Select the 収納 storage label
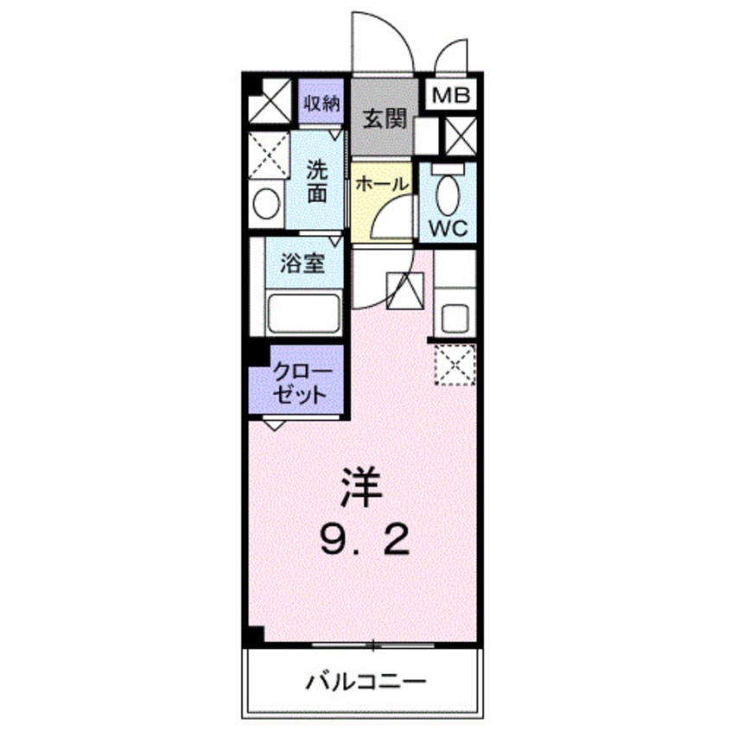321,105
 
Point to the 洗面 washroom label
317,181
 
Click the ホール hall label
381,183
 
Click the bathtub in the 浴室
302,313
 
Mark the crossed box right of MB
458,135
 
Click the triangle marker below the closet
274,423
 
